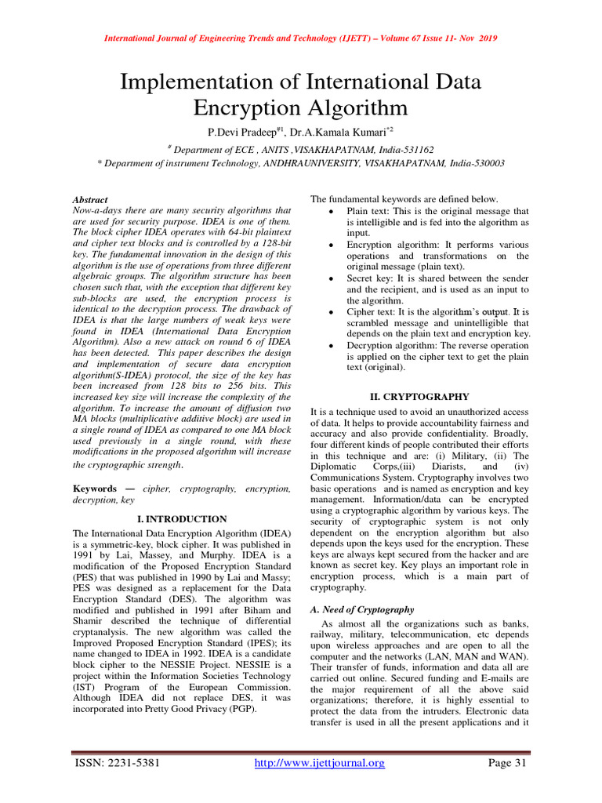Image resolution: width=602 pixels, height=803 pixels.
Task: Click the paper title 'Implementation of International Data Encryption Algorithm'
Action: click(300, 93)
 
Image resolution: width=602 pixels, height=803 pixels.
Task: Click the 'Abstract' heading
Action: click(89, 200)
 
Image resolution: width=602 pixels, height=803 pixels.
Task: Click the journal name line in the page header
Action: click(300, 38)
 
